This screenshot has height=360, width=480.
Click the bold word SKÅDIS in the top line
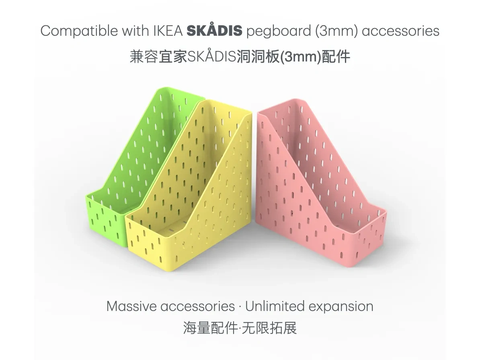214,30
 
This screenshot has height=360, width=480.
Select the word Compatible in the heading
79,31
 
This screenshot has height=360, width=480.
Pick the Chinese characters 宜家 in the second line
173,56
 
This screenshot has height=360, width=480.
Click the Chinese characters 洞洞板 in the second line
258,56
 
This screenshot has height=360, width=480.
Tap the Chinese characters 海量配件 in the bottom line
210,327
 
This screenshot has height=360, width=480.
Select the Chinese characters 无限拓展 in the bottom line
269,327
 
